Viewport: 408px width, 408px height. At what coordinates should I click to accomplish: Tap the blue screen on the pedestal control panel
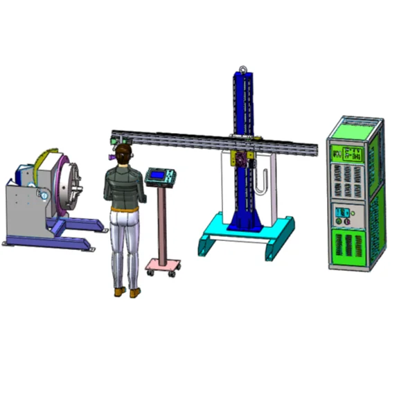158,175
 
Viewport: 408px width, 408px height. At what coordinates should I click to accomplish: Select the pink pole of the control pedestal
162,222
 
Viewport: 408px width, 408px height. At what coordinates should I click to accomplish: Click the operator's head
123,153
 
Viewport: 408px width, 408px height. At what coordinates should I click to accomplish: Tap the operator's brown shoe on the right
134,292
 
